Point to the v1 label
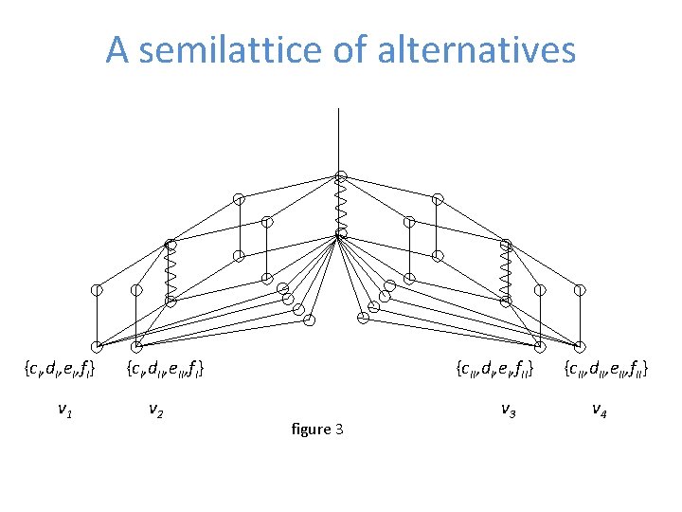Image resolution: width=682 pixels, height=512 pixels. pyautogui.click(x=64, y=410)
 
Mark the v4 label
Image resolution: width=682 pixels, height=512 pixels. pyautogui.click(x=600, y=410)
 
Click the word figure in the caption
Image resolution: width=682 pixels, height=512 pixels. pyautogui.click(x=303, y=430)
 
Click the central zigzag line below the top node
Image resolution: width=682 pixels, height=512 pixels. pyautogui.click(x=341, y=204)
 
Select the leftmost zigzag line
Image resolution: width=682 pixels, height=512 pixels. pyautogui.click(x=170, y=272)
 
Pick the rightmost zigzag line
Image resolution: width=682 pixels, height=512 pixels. pyautogui.click(x=506, y=272)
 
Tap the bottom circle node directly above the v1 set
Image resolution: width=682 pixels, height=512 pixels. pyautogui.click(x=98, y=346)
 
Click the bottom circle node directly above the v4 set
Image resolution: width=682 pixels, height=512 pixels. pyautogui.click(x=580, y=346)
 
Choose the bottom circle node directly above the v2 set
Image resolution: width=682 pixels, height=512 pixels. pyautogui.click(x=137, y=346)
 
